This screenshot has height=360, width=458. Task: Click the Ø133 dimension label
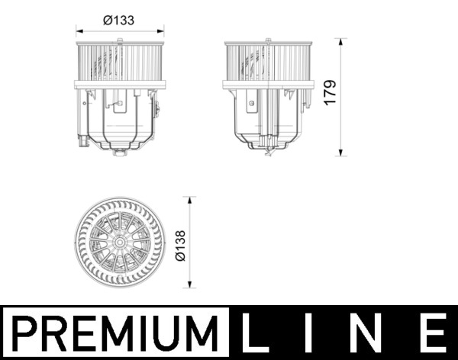(119, 21)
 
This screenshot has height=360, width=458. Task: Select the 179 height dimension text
(330, 93)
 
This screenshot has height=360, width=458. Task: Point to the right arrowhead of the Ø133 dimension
(162, 31)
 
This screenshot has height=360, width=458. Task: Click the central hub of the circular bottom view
(119, 242)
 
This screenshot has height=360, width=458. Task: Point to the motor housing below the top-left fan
(119, 118)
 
